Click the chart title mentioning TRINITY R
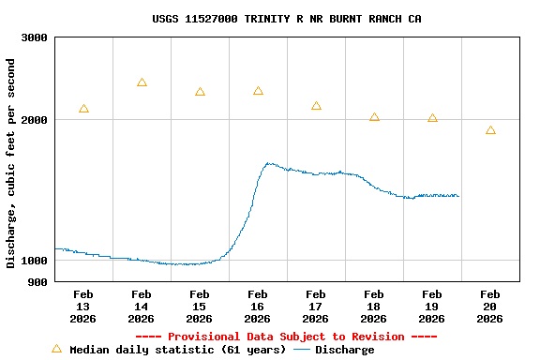coord(287,19)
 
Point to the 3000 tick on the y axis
coord(35,37)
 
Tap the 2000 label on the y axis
coord(35,120)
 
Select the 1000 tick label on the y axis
coord(35,261)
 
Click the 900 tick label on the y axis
coord(38,282)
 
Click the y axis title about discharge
coord(11,163)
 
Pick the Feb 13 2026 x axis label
coord(83,307)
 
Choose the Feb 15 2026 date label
coord(200,307)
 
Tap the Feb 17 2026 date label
coord(316,307)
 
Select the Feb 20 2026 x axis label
coord(490,307)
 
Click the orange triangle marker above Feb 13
coord(83,109)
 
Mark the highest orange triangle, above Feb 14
coord(142,82)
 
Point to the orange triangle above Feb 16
coord(258,91)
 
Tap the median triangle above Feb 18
coord(374,117)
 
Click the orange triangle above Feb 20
coord(490,130)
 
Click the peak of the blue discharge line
coord(268,163)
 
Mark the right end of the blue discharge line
coord(458,196)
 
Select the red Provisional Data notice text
coord(286,337)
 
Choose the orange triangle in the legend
coord(56,349)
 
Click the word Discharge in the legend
coord(344,350)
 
